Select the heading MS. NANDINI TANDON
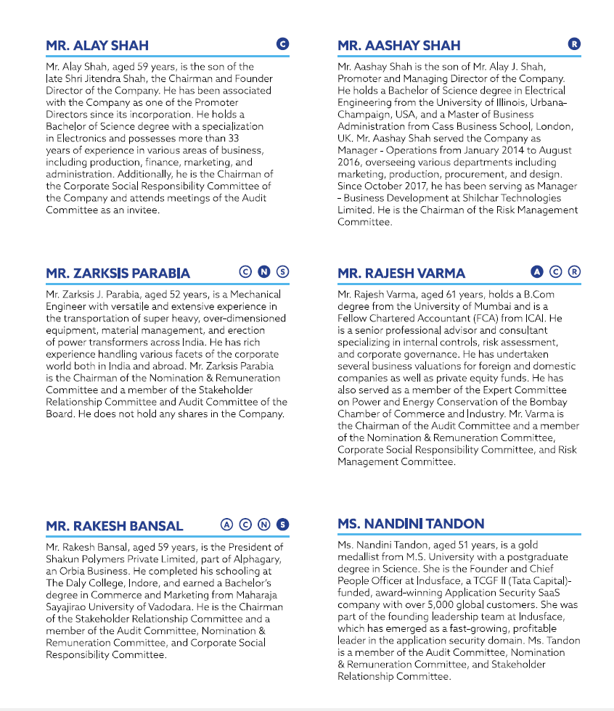pyautogui.click(x=411, y=523)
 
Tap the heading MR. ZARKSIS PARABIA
pyautogui.click(x=118, y=273)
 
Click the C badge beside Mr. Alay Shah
pyautogui.click(x=283, y=44)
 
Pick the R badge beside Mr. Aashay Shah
pyautogui.click(x=574, y=44)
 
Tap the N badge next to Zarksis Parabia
pyautogui.click(x=264, y=271)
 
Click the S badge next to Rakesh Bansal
pyautogui.click(x=283, y=524)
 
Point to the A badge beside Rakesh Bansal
pyautogui.click(x=226, y=524)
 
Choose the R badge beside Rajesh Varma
pyautogui.click(x=574, y=271)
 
